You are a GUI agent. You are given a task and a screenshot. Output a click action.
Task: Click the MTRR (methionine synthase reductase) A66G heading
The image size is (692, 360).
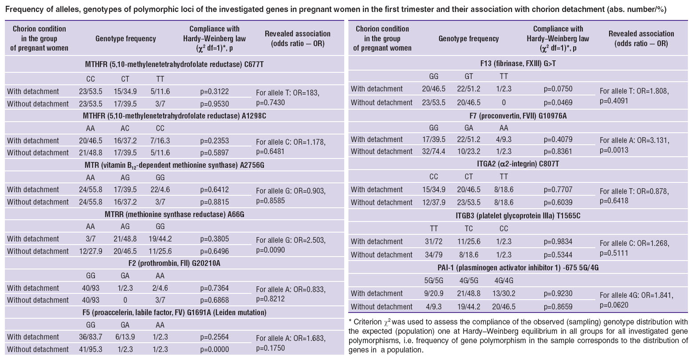coord(174,214)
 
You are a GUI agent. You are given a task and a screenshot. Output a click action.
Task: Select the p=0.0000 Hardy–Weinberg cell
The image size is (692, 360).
coord(214,349)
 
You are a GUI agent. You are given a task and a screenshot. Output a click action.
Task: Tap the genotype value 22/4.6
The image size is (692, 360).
coord(160,190)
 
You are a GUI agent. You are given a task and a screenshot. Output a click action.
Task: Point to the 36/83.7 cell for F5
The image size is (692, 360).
coord(90,337)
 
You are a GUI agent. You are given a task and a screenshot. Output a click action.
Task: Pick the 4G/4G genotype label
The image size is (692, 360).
coord(503,281)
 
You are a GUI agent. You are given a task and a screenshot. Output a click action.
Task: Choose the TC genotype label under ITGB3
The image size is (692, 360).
coord(468,229)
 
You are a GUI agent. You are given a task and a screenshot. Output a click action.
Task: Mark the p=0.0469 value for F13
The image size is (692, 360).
coord(558,103)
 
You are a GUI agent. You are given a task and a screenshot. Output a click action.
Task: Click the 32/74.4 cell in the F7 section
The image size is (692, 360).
coord(434,151)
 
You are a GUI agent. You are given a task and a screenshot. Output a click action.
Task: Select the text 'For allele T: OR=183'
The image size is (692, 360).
coord(287,93)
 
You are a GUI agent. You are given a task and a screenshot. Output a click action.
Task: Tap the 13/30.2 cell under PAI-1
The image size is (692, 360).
coord(503,293)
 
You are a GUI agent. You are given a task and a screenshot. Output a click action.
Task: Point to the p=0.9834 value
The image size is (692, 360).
coord(558,241)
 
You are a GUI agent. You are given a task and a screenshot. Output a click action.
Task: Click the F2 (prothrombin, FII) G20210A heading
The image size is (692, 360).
coord(174,263)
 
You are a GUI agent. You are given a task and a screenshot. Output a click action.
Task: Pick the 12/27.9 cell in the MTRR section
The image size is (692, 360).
coord(90,251)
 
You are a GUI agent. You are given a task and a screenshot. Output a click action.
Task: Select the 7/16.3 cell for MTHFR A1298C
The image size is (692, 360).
coord(160,141)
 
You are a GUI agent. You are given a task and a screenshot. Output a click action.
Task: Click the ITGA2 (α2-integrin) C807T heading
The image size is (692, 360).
coord(518,164)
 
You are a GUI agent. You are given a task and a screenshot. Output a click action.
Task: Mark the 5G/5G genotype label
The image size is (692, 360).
coord(434,281)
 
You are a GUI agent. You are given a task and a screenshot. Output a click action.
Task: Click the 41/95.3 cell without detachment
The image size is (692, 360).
coord(90,349)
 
